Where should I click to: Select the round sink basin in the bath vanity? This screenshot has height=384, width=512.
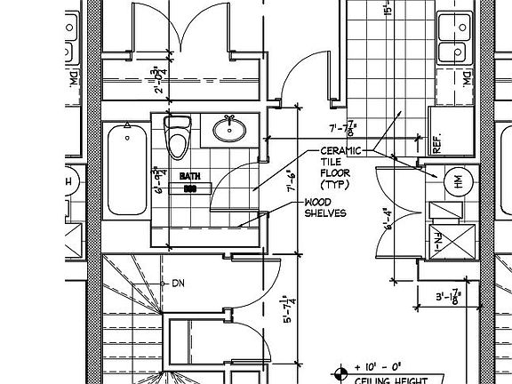(x=230, y=130)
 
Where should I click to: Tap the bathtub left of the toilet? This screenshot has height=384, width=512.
(x=126, y=170)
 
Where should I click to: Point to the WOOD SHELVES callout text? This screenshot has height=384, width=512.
(x=324, y=207)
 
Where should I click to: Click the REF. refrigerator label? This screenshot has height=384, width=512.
(x=437, y=145)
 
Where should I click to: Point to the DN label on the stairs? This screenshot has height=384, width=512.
(x=177, y=284)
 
